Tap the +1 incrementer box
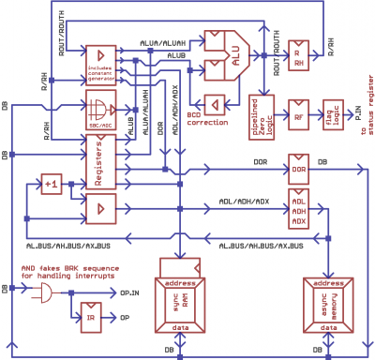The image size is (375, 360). (x=51, y=185)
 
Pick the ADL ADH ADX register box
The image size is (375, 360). (x=299, y=211)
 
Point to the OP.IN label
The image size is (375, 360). (x=132, y=292)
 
